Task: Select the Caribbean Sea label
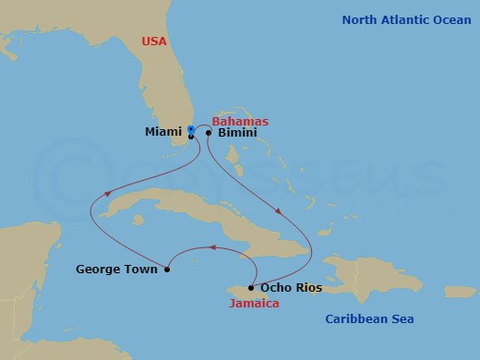[x=369, y=319]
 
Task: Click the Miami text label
[x=162, y=133]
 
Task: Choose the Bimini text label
[x=238, y=134]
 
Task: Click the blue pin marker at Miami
[x=190, y=129]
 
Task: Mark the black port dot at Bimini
[x=210, y=133]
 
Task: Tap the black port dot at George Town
[x=167, y=270]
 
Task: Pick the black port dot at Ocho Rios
[x=251, y=288]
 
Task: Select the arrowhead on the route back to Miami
[x=110, y=193]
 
